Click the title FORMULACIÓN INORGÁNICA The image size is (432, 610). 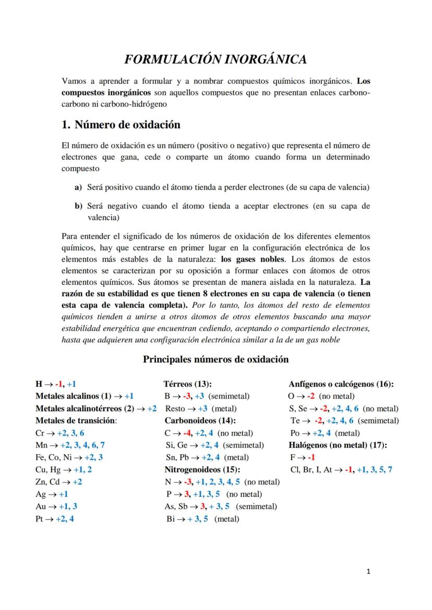point(215,60)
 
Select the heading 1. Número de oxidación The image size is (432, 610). point(121,125)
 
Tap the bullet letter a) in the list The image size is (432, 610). point(78,186)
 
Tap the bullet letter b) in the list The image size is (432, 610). point(78,206)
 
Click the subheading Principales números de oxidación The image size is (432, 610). point(215,359)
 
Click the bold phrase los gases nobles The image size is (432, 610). point(253,258)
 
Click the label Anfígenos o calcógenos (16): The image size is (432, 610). point(341,384)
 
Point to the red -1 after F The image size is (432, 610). point(311,457)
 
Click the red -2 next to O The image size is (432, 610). point(310,396)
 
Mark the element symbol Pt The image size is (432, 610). point(40,518)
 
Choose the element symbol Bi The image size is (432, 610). point(171,518)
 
